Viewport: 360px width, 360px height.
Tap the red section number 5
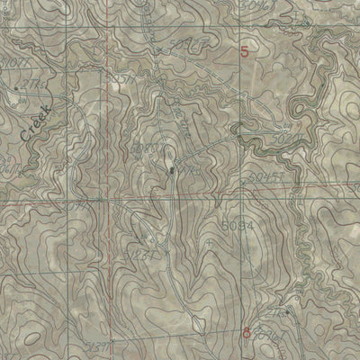pyautogui.click(x=246, y=52)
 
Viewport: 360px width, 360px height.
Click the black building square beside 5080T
pyautogui.click(x=171, y=167)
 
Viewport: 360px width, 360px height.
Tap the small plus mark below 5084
pyautogui.click(x=208, y=241)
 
